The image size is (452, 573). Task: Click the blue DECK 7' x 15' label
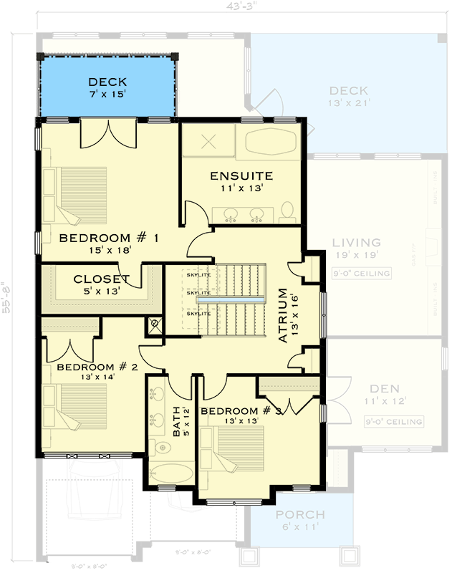[107, 87]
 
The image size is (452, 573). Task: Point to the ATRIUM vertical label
[285, 315]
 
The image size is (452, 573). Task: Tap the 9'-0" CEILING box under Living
[362, 274]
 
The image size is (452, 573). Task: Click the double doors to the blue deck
[107, 133]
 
